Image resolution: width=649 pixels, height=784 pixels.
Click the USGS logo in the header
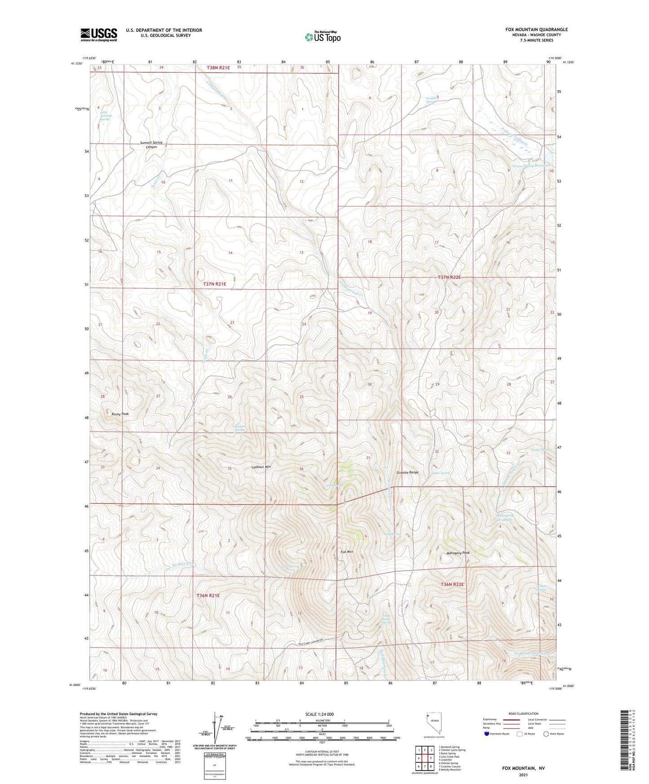98,35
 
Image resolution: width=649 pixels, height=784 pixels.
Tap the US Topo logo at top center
322,37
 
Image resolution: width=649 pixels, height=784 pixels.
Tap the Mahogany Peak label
458,553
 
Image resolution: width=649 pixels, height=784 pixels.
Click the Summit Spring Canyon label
151,145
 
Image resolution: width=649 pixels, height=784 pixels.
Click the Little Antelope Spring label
105,115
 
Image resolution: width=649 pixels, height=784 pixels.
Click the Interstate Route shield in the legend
487,734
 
